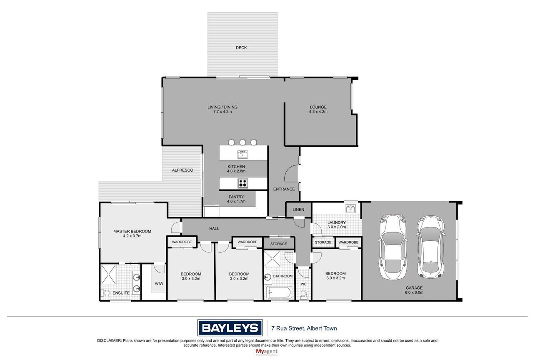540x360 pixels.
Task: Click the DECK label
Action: click(241, 48)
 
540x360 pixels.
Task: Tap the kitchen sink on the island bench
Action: click(242, 154)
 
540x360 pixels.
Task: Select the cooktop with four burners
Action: click(242, 183)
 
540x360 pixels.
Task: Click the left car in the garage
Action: click(393, 247)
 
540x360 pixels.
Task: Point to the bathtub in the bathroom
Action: click(279, 292)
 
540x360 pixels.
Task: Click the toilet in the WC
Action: click(304, 294)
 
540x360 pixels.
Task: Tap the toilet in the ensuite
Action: click(105, 293)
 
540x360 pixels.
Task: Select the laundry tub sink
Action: click(350, 208)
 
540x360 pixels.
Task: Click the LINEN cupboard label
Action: click(298, 210)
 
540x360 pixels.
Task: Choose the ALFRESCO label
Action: click(182, 170)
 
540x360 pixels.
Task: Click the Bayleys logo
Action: click(230, 327)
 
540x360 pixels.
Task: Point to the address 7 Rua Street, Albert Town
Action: click(304, 328)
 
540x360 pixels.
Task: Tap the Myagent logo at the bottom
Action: click(267, 352)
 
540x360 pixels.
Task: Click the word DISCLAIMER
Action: click(109, 341)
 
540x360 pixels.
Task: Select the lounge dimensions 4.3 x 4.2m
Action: click(318, 112)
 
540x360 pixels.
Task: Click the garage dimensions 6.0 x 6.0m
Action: click(414, 292)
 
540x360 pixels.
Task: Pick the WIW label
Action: click(159, 284)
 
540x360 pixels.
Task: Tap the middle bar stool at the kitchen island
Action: click(242, 142)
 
